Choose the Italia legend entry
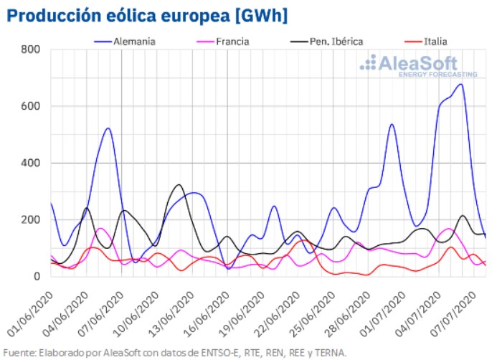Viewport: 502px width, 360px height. click(x=432, y=41)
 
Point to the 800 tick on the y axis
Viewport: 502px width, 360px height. click(x=31, y=49)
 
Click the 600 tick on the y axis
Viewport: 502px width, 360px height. click(x=31, y=106)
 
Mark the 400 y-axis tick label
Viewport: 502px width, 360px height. click(x=31, y=163)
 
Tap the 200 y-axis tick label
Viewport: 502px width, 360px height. click(x=31, y=219)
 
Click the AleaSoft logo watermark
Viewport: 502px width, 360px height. click(x=417, y=66)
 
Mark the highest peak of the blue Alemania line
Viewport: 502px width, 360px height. click(x=460, y=84)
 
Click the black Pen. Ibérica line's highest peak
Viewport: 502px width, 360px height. click(x=179, y=185)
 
